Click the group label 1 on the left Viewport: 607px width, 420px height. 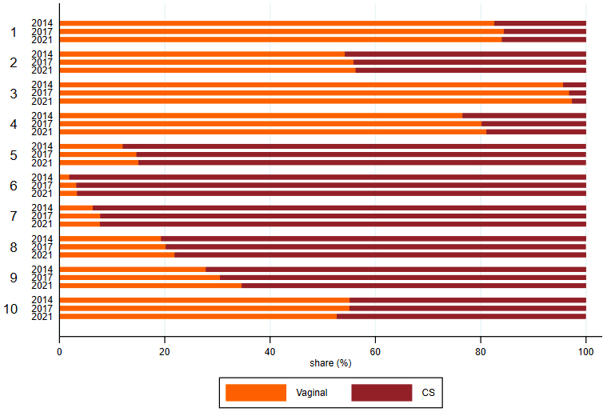pyautogui.click(x=13, y=32)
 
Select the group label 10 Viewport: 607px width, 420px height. pyautogui.click(x=11, y=309)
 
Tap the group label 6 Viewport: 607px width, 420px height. pyautogui.click(x=13, y=186)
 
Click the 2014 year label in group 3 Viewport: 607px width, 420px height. pyautogui.click(x=42, y=85)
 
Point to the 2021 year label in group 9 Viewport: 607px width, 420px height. pyautogui.click(x=42, y=286)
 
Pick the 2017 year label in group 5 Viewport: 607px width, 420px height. pyautogui.click(x=42, y=154)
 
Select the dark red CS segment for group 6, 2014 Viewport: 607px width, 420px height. pyautogui.click(x=327, y=178)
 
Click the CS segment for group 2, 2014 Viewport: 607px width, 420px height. pyautogui.click(x=465, y=54)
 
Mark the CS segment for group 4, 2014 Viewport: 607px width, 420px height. pyautogui.click(x=524, y=116)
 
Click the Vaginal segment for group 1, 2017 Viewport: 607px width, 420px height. pyautogui.click(x=281, y=31)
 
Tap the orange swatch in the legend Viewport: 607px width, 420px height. pyautogui.click(x=256, y=393)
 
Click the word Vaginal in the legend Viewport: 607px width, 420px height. pyautogui.click(x=312, y=393)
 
